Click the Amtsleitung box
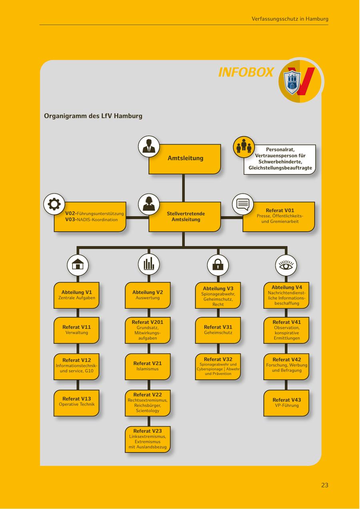pos(185,159)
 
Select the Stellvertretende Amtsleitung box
pos(185,217)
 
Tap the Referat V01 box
pos(279,216)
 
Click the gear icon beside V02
pos(54,204)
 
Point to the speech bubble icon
pos(243,204)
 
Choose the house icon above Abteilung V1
pos(78,265)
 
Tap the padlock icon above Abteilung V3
pos(218,265)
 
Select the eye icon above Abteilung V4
pos(286,265)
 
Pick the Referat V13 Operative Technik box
pos(76,403)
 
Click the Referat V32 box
pos(218,367)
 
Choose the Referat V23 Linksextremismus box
pos(148,439)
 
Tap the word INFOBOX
pos(246,72)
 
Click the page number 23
pos(324,485)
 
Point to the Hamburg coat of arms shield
pos(292,81)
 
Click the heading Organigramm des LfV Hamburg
pos(93,116)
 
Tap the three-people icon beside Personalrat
pos(244,147)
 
